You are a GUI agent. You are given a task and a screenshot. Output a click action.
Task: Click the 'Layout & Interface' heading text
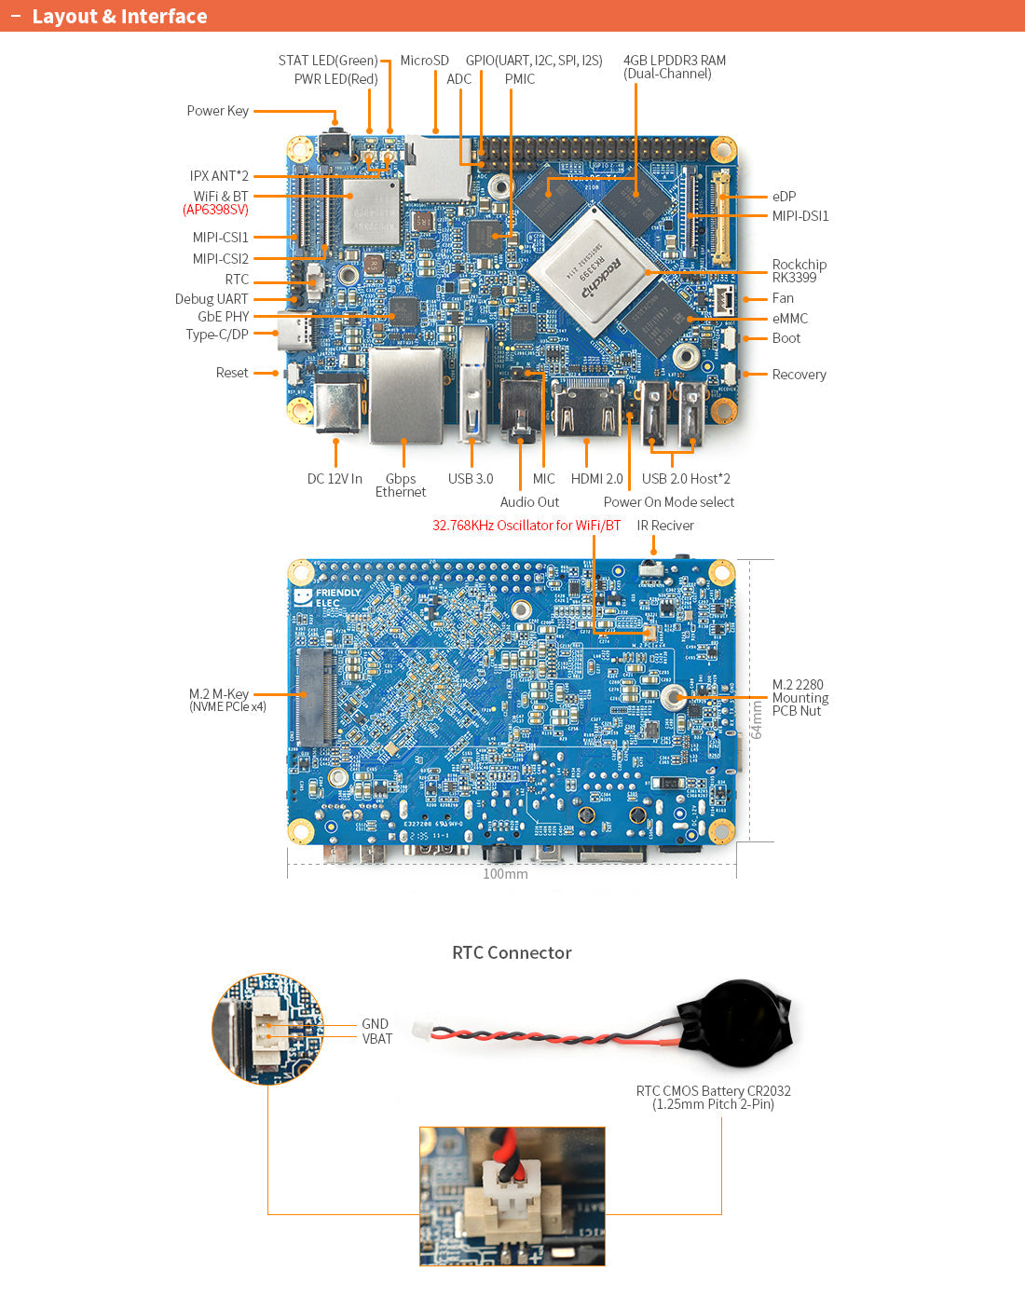(119, 17)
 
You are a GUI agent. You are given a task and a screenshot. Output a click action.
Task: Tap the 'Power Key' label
(217, 111)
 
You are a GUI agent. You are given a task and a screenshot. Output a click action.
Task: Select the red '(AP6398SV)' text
(215, 210)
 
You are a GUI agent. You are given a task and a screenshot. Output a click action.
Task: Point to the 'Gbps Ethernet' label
(401, 485)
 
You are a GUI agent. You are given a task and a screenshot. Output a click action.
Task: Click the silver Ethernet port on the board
(405, 395)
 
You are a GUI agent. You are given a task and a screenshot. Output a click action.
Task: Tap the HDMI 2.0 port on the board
(588, 409)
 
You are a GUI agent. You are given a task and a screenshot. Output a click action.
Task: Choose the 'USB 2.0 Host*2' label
(686, 479)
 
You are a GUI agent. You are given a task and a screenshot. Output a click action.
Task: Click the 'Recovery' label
(799, 375)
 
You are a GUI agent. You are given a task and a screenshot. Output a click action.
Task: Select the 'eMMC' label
(789, 319)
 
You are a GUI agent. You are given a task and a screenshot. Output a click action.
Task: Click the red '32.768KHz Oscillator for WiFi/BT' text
(526, 526)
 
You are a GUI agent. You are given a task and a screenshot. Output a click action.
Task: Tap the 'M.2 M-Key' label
(219, 694)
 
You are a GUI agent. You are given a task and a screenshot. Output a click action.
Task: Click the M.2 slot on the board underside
(316, 697)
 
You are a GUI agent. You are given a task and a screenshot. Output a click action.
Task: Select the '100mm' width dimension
(505, 874)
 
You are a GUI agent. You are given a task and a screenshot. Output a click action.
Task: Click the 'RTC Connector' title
(512, 952)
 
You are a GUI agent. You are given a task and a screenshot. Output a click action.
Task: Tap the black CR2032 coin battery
(741, 1023)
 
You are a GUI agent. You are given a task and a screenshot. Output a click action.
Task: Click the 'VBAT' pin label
(377, 1039)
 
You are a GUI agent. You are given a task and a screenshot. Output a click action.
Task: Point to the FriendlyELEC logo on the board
(327, 597)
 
